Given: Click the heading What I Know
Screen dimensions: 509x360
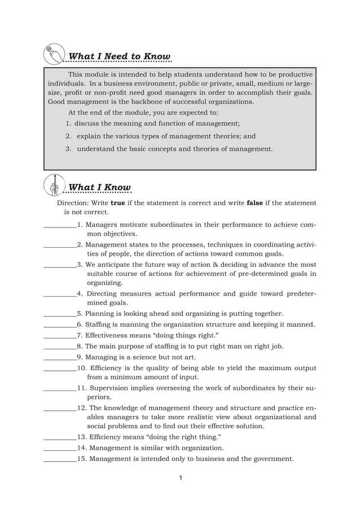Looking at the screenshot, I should (x=99, y=187).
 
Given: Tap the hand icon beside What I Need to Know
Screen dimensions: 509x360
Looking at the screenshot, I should (x=54, y=55).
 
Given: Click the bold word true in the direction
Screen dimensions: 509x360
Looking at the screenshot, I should (x=117, y=203).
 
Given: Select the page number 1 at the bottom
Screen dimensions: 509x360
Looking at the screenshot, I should (x=179, y=479).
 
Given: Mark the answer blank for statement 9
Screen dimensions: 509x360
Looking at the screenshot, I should (x=60, y=357).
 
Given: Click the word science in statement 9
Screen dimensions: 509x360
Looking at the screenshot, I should (x=138, y=357).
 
